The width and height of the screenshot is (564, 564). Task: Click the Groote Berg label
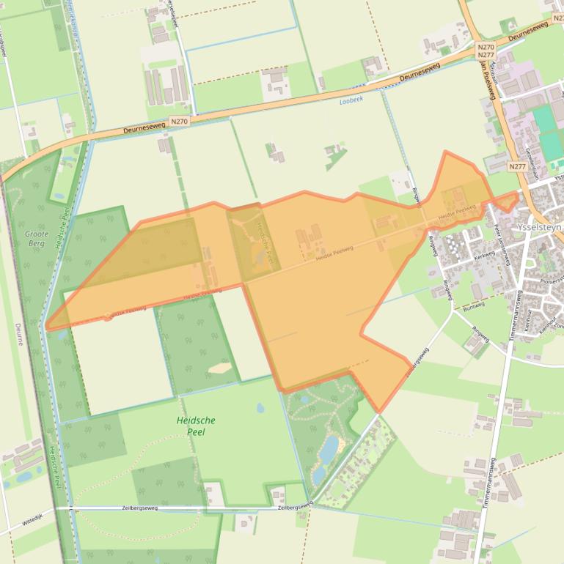coord(36,238)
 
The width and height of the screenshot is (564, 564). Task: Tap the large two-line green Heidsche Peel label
coord(196,426)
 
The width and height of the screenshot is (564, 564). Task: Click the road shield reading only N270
coord(178,121)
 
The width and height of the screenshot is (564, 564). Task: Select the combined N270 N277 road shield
coord(486,51)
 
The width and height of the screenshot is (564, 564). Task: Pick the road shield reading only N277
coord(518,167)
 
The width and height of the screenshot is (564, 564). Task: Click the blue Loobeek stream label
coord(352,101)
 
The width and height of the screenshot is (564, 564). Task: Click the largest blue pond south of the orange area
coord(328,447)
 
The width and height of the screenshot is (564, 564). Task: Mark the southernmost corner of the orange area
coord(378,411)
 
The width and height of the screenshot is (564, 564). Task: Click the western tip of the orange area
coord(46,328)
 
